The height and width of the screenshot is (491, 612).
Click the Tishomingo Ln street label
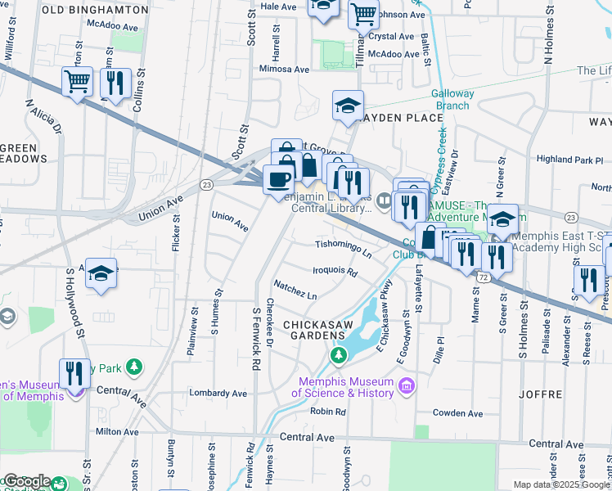(x=344, y=245)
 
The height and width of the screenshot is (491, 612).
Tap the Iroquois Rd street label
(x=335, y=271)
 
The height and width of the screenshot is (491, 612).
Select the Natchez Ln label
(x=295, y=289)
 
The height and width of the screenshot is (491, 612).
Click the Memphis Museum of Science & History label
(x=348, y=386)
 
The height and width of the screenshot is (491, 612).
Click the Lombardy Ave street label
(x=218, y=393)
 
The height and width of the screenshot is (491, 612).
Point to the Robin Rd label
(x=329, y=411)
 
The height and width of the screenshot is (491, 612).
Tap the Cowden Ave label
(x=454, y=412)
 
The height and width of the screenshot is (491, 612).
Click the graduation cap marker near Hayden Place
(x=348, y=106)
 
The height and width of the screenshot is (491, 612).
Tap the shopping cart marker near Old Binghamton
(x=78, y=82)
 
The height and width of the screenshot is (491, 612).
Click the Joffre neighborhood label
(x=544, y=394)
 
